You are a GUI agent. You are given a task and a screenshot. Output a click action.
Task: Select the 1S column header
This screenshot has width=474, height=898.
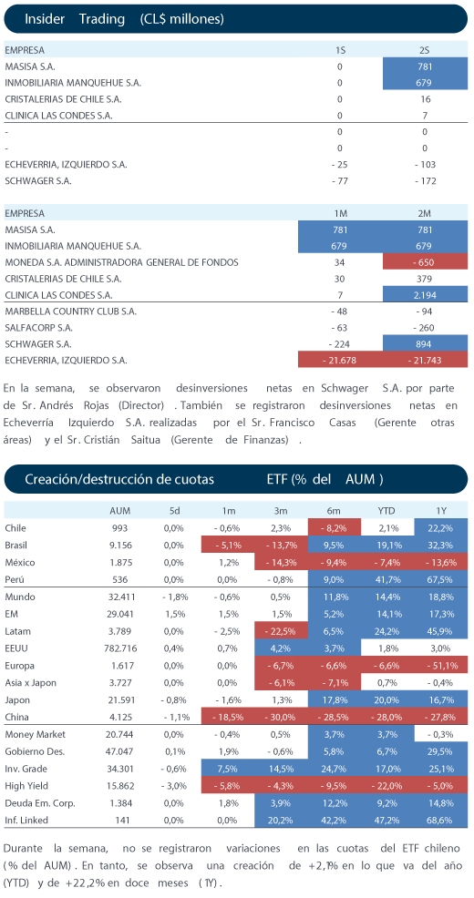(340, 50)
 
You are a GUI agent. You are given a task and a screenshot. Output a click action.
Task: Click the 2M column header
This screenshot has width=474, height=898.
(425, 214)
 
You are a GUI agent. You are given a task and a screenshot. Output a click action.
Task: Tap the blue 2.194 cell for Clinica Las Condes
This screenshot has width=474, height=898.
(425, 295)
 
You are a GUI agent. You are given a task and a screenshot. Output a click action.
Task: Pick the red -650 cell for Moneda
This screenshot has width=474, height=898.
(425, 263)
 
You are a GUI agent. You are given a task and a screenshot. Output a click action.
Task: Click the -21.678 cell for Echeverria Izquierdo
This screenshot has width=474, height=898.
(340, 361)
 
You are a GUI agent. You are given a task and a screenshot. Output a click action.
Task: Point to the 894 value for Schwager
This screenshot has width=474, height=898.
(425, 344)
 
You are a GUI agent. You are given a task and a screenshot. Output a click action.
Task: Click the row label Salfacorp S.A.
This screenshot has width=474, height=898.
(35, 328)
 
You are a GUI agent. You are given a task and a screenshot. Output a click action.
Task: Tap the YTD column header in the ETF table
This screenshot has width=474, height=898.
(389, 510)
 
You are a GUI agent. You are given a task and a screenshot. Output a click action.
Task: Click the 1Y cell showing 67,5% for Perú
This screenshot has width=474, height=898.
(441, 579)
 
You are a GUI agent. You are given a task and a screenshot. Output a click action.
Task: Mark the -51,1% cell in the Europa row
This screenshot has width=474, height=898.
(441, 666)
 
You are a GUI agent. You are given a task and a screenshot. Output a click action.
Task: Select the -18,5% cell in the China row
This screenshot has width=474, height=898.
(228, 717)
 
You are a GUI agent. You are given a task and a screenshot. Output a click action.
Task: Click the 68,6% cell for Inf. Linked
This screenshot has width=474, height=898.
(441, 820)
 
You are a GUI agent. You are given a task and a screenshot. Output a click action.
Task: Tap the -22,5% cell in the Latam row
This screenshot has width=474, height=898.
(281, 631)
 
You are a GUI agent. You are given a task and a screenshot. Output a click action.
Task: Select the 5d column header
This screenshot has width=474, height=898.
(174, 510)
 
